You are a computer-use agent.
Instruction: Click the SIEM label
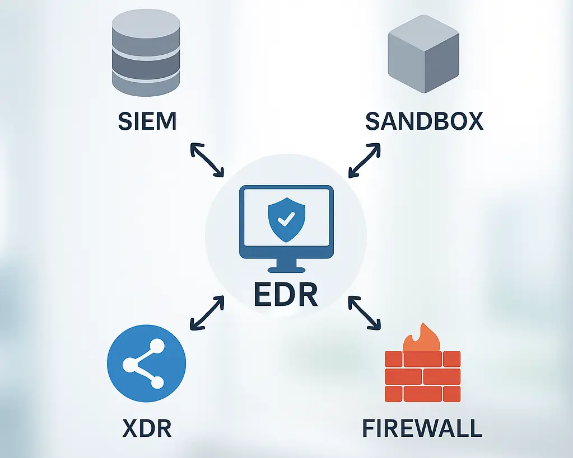(147, 121)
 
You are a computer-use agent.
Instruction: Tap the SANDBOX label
(424, 121)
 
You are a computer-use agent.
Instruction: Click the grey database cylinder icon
(146, 53)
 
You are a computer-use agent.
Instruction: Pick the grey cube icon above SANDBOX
(423, 55)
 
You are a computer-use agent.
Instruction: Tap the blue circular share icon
(146, 365)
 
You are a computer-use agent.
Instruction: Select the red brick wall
(422, 376)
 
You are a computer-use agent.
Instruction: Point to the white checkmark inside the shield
(287, 220)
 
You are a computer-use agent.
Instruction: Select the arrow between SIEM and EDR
(207, 160)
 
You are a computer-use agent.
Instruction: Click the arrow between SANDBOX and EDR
(364, 160)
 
